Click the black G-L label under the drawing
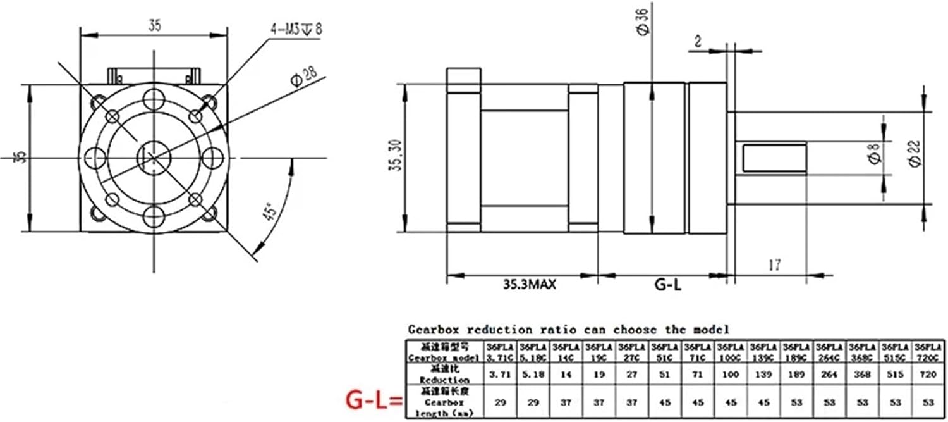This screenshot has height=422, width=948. coord(667,285)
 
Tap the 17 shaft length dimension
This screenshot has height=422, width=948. coord(773,266)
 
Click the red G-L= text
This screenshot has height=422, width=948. coord(374,400)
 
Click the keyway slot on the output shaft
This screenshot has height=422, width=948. coord(775,158)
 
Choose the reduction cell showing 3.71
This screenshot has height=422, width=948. coord(500,375)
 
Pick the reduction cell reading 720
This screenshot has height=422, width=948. coord(928,375)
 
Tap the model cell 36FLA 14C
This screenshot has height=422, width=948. coord(566,352)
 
